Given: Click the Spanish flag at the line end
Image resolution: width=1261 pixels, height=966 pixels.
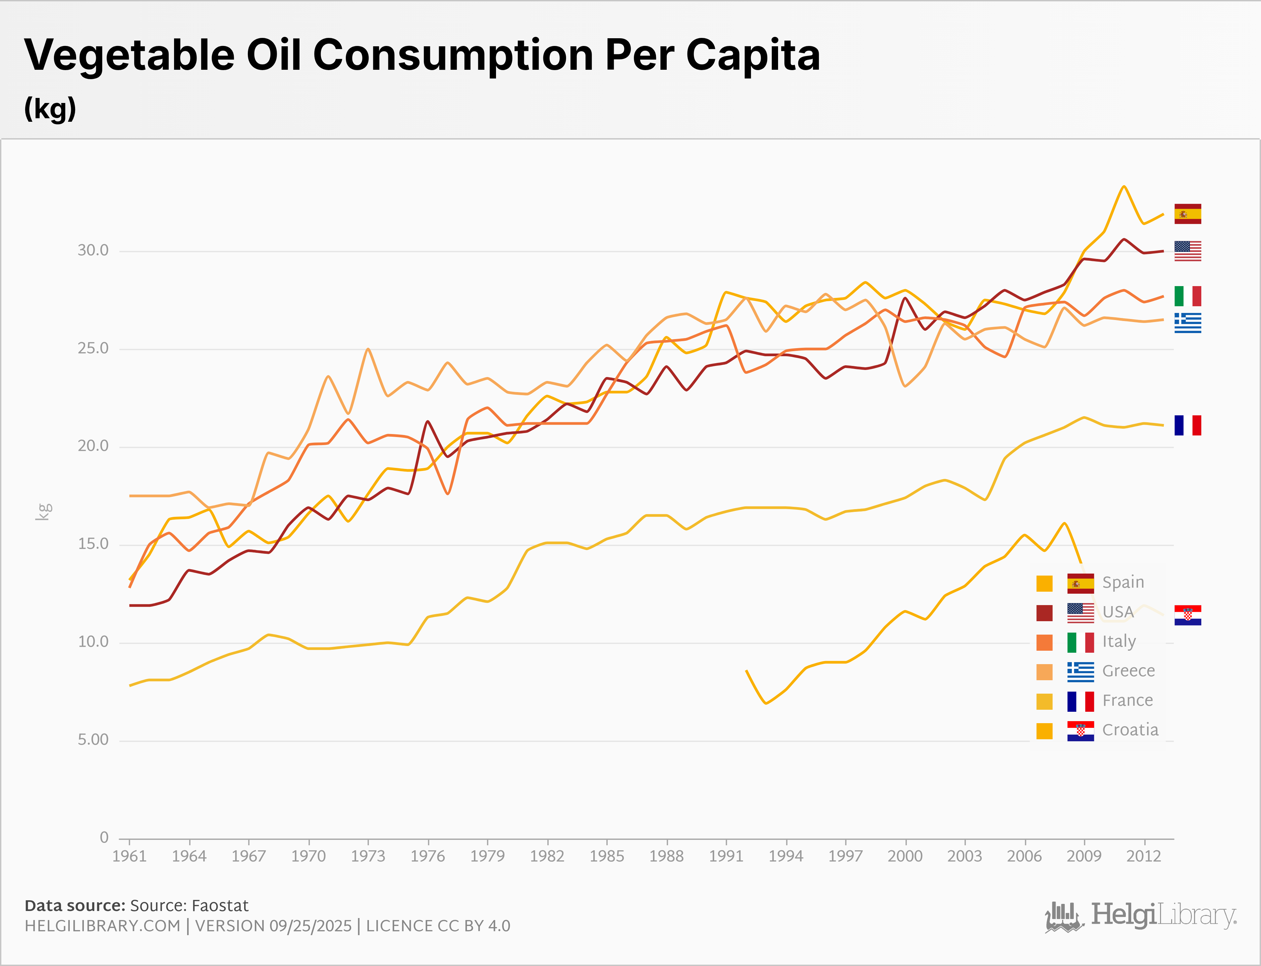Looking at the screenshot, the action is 1188,214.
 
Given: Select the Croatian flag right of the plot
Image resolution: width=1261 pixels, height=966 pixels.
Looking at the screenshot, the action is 1188,615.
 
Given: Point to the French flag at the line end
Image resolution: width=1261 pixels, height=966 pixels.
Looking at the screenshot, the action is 1188,426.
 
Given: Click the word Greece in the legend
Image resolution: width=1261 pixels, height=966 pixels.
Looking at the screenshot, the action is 1128,671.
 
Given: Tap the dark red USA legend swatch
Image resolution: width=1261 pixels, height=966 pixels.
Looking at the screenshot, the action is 1044,613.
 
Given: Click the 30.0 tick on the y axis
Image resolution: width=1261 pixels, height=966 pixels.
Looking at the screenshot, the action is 93,250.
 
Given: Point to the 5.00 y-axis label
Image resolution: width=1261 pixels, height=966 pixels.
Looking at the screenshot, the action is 93,740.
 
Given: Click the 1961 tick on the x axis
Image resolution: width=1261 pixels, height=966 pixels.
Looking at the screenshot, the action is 129,856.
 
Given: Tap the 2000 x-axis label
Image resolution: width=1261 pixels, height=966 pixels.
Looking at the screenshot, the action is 905,856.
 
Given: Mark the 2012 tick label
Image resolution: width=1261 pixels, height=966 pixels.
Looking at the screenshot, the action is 1144,856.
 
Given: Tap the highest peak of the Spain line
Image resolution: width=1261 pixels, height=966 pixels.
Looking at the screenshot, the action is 1123,186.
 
